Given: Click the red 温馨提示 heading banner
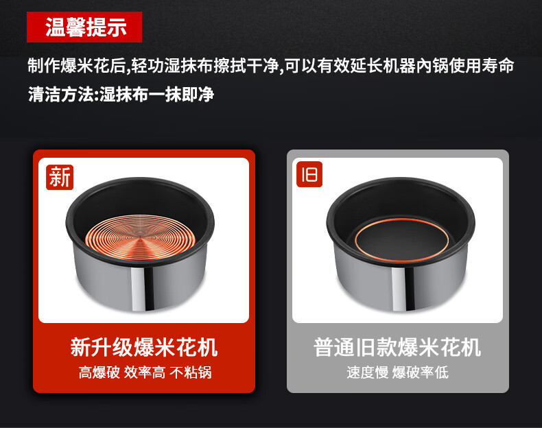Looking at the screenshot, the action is coord(84,27).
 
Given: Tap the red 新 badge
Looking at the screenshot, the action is coord(60,177).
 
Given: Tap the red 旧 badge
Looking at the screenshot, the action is coord(309,174).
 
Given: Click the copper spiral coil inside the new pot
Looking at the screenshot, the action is coord(141,237).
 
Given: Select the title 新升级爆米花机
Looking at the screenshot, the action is coord(144,347).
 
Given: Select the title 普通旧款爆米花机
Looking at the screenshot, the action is coord(397,347).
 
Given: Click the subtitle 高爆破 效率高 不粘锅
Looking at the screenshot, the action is coord(145,372).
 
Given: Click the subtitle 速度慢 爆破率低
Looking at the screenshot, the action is coord(397,372).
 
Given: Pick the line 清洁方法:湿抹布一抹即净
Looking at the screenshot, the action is coord(121,94).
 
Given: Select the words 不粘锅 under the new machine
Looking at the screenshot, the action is coord(191,372).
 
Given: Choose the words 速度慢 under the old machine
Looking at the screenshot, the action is coord(368,372).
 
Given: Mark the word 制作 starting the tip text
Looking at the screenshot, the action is coord(44,66).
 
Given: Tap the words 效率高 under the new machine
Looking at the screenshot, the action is coord(145,372).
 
